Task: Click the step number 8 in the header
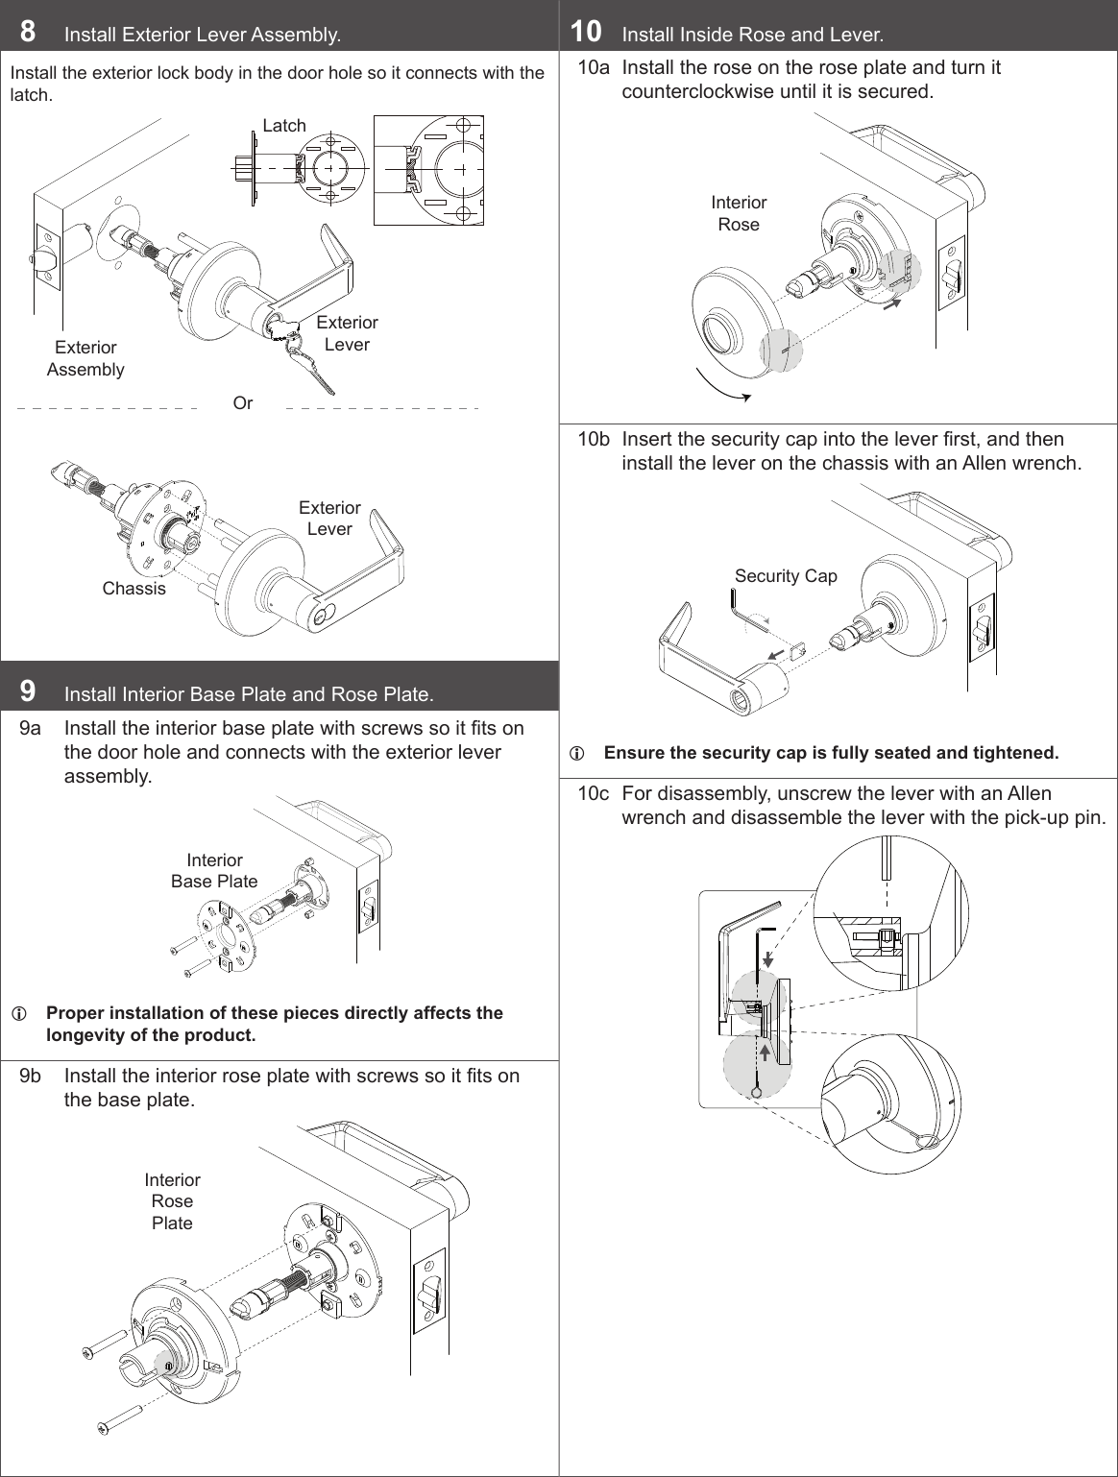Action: tap(29, 32)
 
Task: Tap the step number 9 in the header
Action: tap(29, 690)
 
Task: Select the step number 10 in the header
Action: tap(586, 32)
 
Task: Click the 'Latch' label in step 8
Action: tap(284, 126)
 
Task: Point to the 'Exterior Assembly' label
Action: tap(85, 358)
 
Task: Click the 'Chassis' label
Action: tap(134, 589)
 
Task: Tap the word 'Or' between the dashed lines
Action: tap(243, 403)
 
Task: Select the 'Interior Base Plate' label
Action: tap(214, 871)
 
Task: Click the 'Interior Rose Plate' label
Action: tap(173, 1201)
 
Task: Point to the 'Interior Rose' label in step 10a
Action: tap(739, 213)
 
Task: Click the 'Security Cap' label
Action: tap(786, 576)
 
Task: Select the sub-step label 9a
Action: tap(31, 728)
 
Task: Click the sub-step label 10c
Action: tap(593, 794)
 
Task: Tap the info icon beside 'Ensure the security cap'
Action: tap(576, 754)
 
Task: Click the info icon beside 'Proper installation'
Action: tap(17, 1014)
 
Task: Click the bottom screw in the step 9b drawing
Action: tap(119, 1419)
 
